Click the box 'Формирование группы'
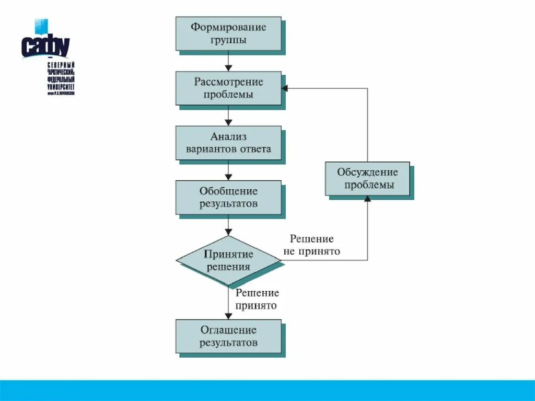click(x=228, y=33)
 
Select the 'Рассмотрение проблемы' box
click(x=228, y=88)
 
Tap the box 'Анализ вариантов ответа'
click(x=228, y=143)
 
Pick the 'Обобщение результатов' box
click(x=228, y=198)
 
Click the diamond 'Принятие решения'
click(x=228, y=260)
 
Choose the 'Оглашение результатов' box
click(x=228, y=336)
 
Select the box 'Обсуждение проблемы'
click(x=367, y=178)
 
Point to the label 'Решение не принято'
click(x=312, y=245)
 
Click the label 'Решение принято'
click(x=257, y=300)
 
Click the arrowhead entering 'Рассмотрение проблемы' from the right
click(x=285, y=88)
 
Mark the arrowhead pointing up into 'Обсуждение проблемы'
click(x=367, y=199)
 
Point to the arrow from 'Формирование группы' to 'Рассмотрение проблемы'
click(x=228, y=61)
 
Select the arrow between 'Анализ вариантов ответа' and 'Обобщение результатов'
click(x=228, y=170)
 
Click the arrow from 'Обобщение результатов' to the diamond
click(x=228, y=225)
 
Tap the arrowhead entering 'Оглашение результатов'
click(x=228, y=316)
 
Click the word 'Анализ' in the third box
click(x=228, y=137)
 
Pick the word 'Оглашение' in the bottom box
click(x=228, y=330)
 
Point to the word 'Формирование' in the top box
click(x=228, y=27)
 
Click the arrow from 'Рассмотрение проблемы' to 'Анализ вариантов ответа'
click(x=228, y=116)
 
